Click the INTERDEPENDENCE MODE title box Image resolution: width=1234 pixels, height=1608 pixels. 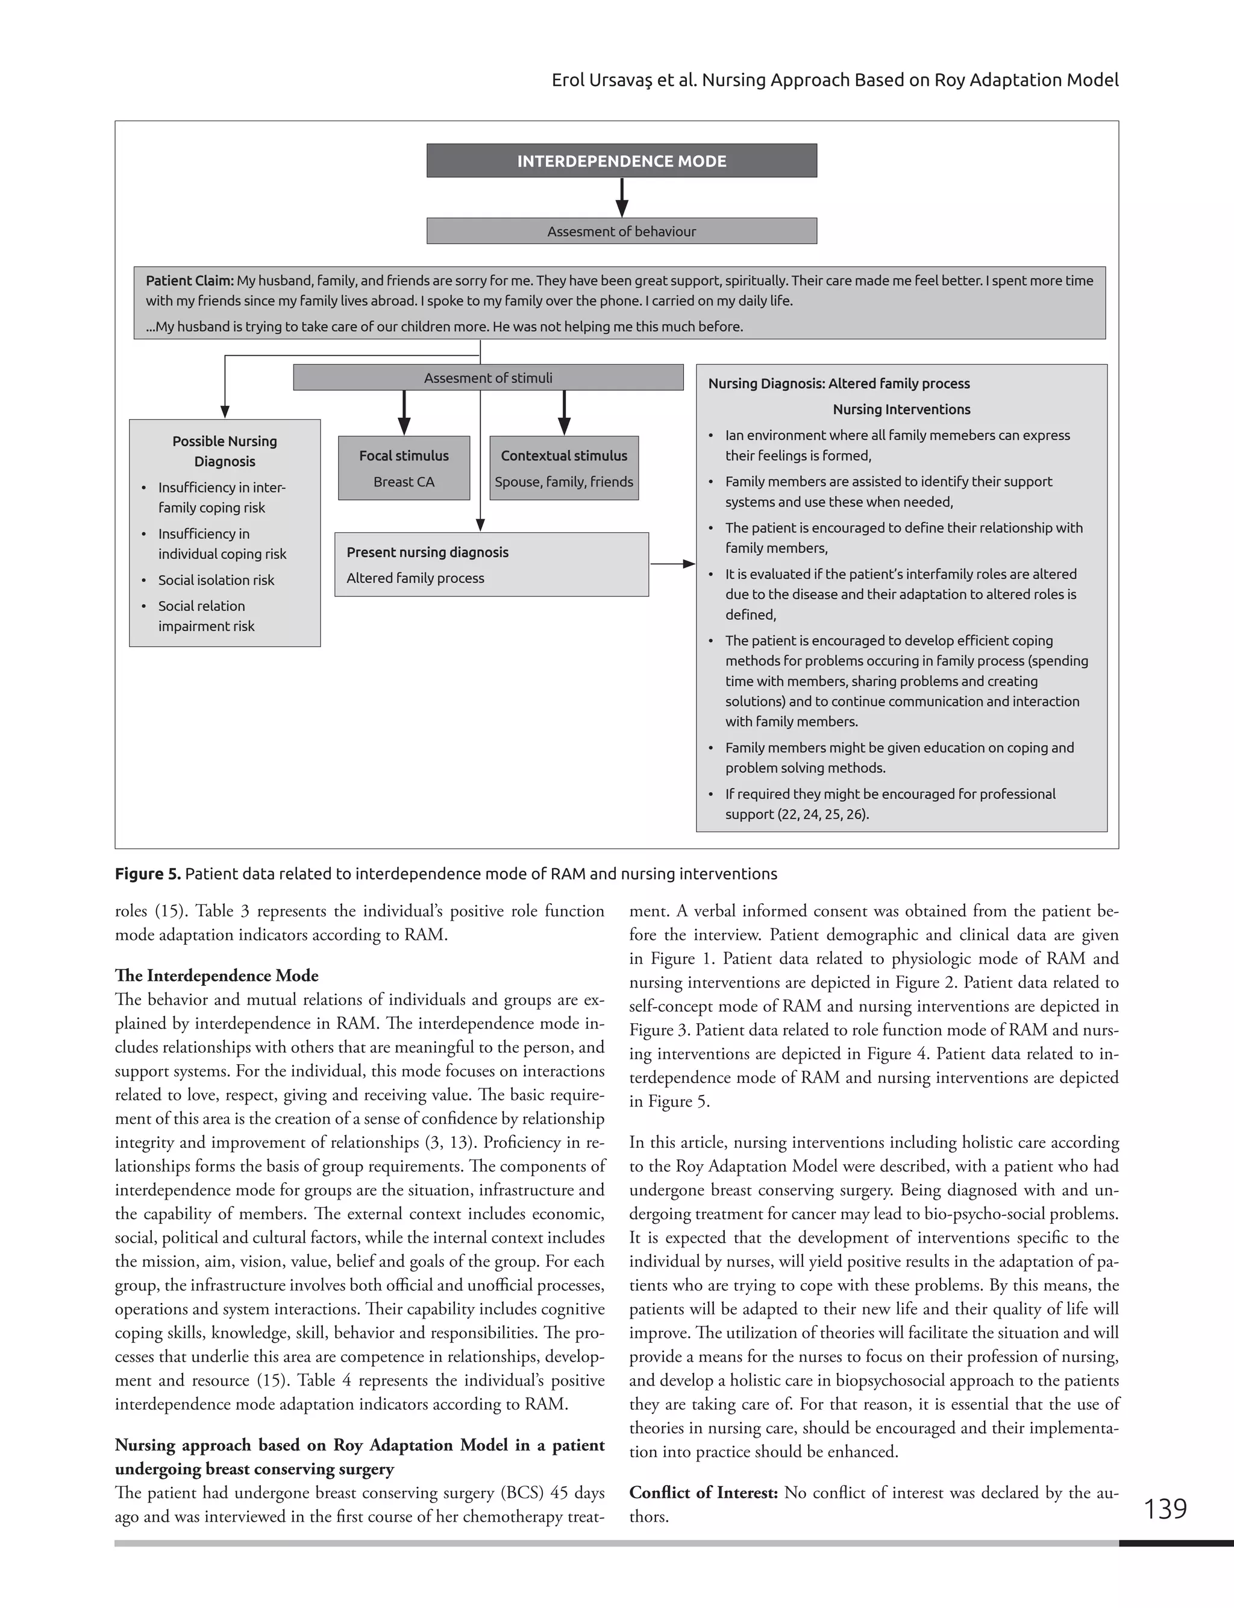(x=621, y=161)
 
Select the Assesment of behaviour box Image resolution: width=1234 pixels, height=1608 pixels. (x=621, y=232)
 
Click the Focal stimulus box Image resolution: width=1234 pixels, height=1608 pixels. (x=403, y=468)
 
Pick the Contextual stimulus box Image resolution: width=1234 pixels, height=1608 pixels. (x=563, y=468)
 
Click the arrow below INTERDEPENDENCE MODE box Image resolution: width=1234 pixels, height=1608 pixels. (x=621, y=198)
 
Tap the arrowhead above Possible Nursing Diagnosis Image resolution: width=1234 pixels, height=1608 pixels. (x=225, y=412)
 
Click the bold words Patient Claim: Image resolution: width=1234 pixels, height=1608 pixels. (x=190, y=281)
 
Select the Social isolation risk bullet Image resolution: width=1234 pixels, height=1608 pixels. (x=216, y=580)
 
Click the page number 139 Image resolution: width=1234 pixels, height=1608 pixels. (x=1165, y=1509)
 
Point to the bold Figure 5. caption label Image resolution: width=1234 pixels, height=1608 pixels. (x=148, y=874)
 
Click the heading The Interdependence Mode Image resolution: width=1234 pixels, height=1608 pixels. (x=217, y=976)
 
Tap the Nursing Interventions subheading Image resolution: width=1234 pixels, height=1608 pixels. (x=901, y=409)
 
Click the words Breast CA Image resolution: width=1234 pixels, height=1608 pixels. (x=403, y=482)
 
